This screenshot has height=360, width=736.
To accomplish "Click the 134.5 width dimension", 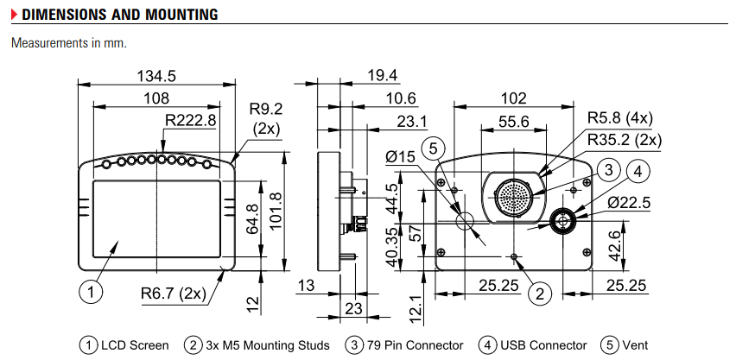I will click(158, 76).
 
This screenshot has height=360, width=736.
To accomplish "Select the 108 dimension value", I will click(157, 98).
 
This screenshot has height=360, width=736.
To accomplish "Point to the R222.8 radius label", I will click(191, 119).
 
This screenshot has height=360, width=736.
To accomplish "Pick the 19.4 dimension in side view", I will click(381, 76).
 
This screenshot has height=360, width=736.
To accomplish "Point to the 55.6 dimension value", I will click(513, 122).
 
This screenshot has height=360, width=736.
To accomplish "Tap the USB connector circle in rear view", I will click(563, 222).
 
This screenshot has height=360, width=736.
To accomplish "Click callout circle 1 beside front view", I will click(91, 292).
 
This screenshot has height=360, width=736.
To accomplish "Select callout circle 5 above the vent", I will click(435, 147).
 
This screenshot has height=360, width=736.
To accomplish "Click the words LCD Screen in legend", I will click(136, 345).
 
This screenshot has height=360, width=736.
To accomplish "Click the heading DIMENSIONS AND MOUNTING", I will click(119, 15).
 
